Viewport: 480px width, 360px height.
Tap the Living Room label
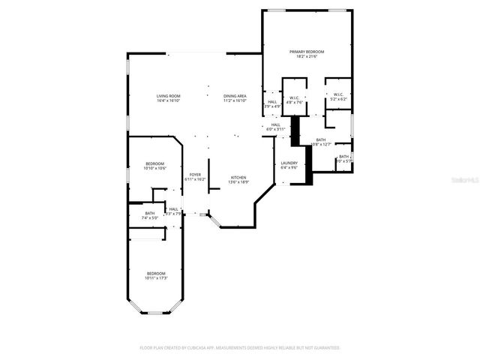(x=168, y=96)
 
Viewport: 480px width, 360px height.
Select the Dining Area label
(x=235, y=96)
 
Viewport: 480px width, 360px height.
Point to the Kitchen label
(x=238, y=177)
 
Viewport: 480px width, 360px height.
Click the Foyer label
(x=195, y=175)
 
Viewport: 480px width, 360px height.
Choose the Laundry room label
(x=289, y=163)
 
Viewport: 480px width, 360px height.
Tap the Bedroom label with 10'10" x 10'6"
(x=155, y=163)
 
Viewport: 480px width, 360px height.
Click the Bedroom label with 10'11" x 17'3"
(x=156, y=273)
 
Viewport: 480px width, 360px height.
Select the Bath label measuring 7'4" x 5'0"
(x=150, y=213)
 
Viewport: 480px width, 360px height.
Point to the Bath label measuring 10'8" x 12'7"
(x=321, y=139)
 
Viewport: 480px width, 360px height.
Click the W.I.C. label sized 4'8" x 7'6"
(x=294, y=97)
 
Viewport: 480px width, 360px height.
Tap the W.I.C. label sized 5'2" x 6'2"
(x=337, y=94)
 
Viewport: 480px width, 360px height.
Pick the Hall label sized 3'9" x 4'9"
(x=272, y=102)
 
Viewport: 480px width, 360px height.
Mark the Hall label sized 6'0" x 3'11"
(x=276, y=124)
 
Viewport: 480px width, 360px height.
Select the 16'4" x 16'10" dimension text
(x=168, y=101)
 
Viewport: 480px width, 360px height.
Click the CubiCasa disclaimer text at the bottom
(x=240, y=348)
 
